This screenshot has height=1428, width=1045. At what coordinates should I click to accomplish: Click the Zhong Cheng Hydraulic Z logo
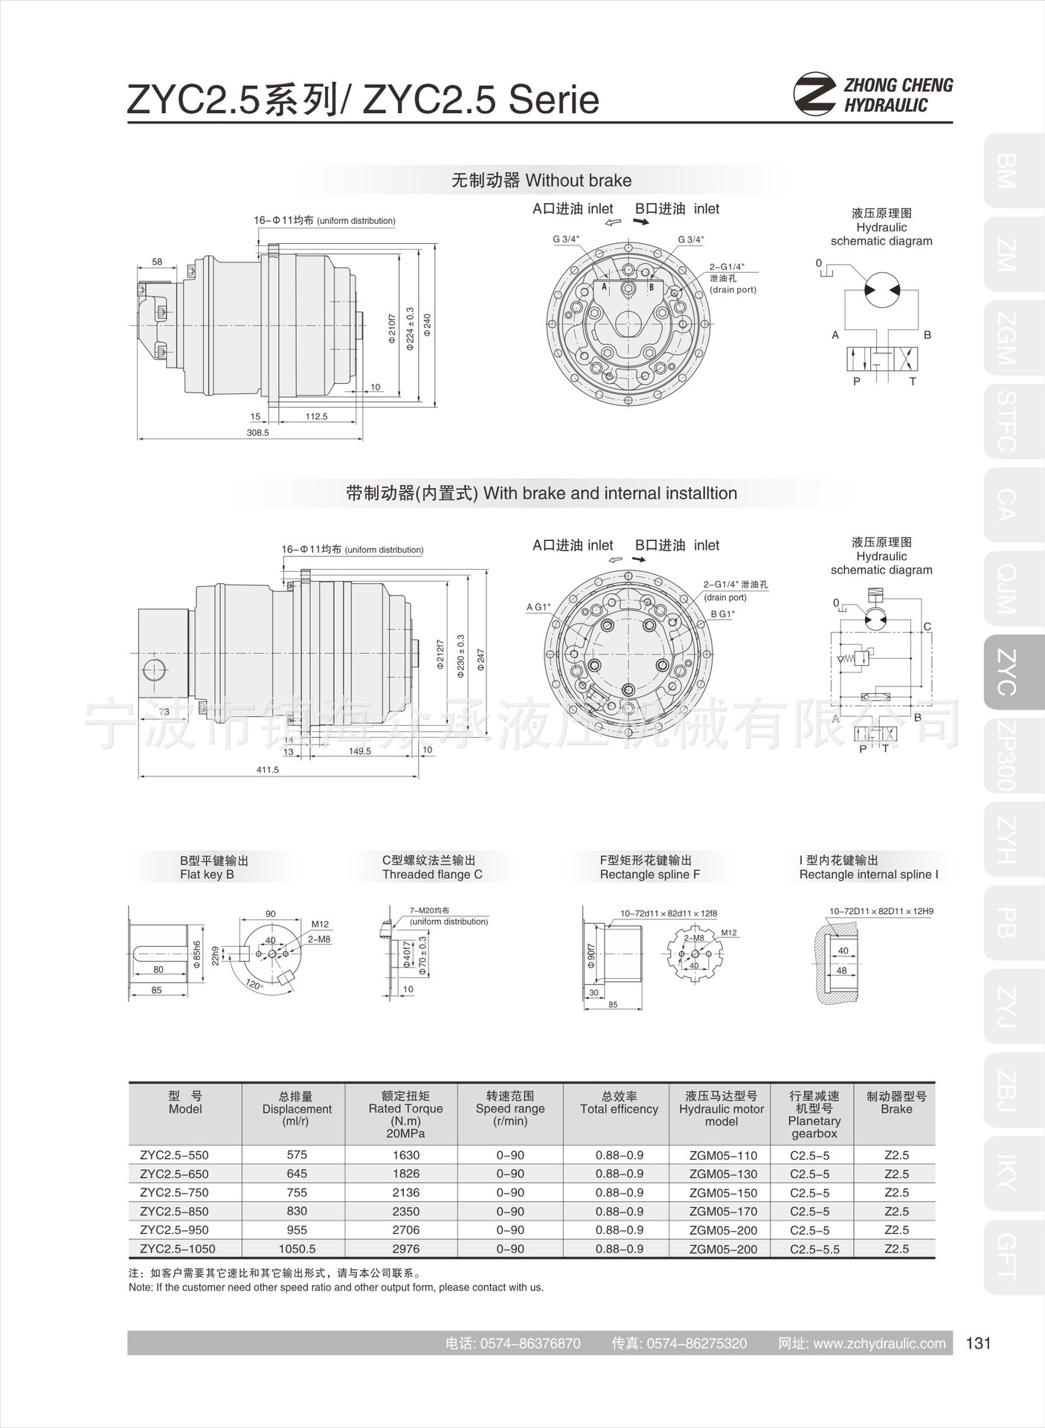coord(814,94)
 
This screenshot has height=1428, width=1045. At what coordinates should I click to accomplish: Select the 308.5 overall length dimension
coord(257,432)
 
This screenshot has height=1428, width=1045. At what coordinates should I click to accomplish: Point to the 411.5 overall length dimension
coord(268,770)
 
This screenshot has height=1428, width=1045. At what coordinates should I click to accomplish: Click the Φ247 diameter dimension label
coord(481,660)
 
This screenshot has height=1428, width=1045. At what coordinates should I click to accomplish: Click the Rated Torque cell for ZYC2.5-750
coord(405,1192)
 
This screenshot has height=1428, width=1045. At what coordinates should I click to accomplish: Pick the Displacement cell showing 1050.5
coord(297,1249)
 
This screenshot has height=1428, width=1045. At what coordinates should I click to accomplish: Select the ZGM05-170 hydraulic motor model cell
coord(723,1212)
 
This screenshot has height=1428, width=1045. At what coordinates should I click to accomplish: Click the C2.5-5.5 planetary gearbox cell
coord(814,1249)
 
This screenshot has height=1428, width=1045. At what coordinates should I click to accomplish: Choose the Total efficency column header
coord(619,1109)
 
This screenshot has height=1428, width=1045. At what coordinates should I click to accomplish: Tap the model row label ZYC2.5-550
coord(174,1155)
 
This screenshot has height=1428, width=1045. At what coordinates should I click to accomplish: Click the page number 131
coord(978,1343)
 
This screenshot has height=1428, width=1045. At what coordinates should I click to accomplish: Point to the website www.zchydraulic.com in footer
coord(879,1343)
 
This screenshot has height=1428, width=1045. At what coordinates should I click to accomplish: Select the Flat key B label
coord(207,875)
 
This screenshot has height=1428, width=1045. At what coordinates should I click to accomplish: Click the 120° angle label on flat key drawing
coord(254,985)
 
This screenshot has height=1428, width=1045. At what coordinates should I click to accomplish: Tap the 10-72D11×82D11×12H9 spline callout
coord(881,911)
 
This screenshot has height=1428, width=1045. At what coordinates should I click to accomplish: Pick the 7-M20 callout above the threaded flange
coord(429,910)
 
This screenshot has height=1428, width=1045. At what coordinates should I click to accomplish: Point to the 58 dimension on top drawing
coord(157,262)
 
